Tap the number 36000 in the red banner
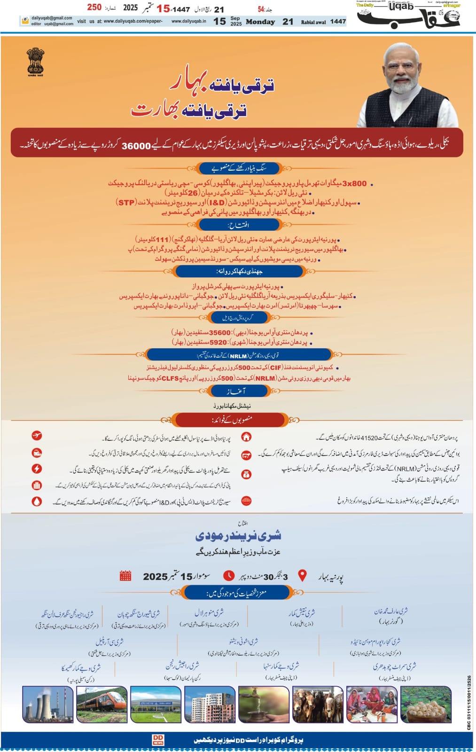[x=136, y=146]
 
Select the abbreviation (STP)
[x=126, y=203]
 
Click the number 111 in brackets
[x=162, y=240]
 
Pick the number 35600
[x=219, y=332]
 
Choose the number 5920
[x=218, y=342]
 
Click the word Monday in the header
[x=260, y=22]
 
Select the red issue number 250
[x=94, y=7]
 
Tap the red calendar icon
[x=125, y=575]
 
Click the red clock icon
[x=229, y=575]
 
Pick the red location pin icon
[x=303, y=575]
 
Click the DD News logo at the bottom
[x=158, y=740]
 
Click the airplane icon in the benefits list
[x=37, y=436]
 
